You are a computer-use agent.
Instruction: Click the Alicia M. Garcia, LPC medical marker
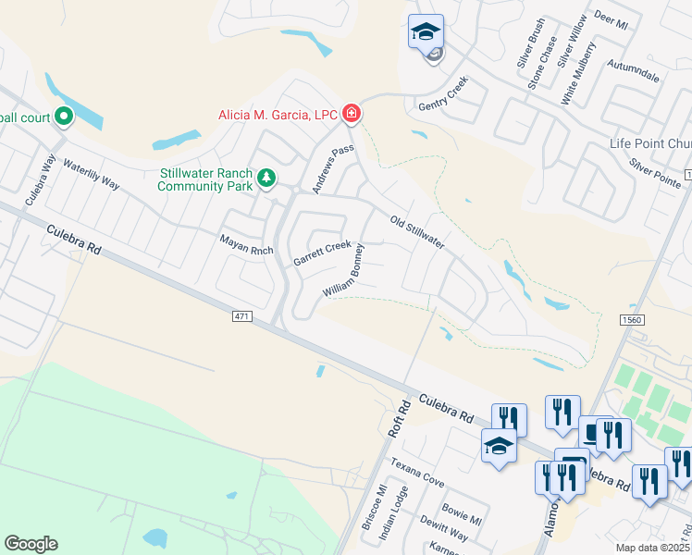tap(352, 114)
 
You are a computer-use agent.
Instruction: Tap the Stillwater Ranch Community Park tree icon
tap(266, 178)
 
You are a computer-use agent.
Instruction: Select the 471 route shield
tap(241, 317)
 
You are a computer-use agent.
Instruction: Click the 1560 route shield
tap(632, 319)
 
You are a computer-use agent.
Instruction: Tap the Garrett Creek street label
tap(321, 253)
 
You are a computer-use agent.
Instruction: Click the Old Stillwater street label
tap(417, 233)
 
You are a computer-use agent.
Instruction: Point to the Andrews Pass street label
tap(333, 168)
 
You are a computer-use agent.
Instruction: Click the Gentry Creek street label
tap(443, 93)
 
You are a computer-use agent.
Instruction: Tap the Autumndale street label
tap(634, 70)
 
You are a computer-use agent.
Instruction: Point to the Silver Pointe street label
tap(654, 170)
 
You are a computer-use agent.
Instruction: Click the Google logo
tap(31, 544)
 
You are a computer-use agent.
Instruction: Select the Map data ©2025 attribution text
tap(653, 548)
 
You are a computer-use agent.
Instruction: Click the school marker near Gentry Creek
tap(426, 32)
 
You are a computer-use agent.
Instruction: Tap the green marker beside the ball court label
tap(64, 117)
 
